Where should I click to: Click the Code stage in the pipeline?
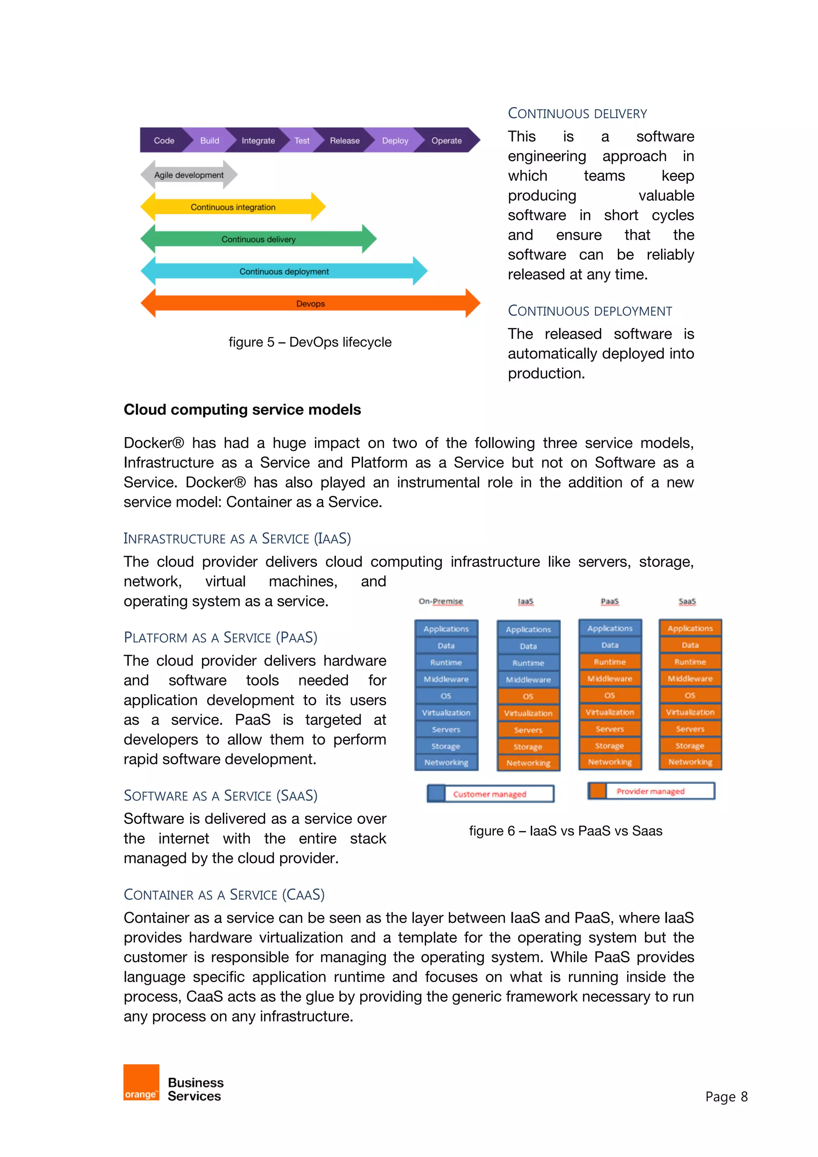[164, 141]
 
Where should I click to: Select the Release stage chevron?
[345, 141]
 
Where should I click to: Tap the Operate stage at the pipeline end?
[446, 141]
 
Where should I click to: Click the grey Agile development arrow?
[189, 175]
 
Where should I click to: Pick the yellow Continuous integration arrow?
[233, 207]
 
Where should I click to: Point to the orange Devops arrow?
[310, 303]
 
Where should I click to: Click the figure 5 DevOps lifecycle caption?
[310, 342]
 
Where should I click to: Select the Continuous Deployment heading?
[589, 311]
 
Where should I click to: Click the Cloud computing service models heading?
[242, 410]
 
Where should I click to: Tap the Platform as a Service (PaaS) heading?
[220, 638]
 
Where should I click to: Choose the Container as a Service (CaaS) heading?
[224, 895]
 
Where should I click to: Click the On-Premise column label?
[441, 601]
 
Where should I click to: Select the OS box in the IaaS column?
[528, 696]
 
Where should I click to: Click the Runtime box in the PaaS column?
[610, 662]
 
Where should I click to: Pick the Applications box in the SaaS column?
[690, 628]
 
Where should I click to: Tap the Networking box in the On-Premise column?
[446, 762]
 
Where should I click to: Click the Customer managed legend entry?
[490, 794]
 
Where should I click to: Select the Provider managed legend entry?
[651, 791]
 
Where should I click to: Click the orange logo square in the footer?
[141, 1082]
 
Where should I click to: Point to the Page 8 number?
[726, 1097]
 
